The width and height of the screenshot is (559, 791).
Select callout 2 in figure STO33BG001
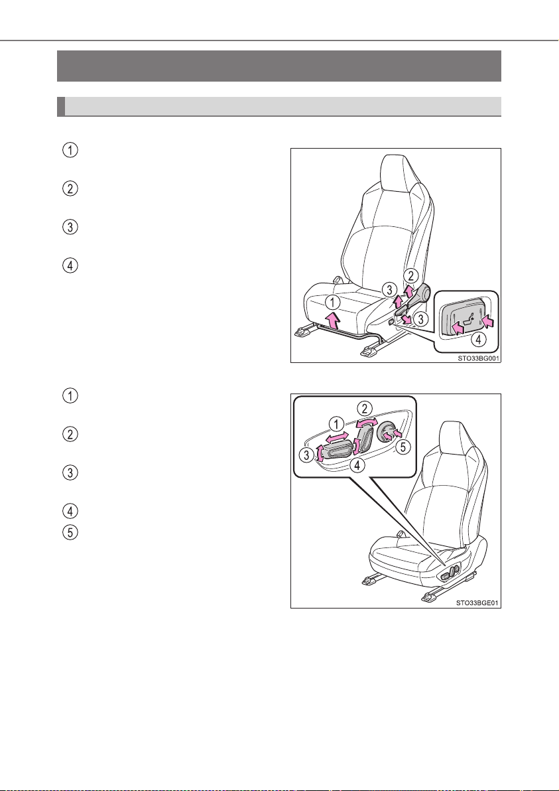pyautogui.click(x=412, y=275)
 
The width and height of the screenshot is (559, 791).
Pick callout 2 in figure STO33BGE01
pyautogui.click(x=365, y=407)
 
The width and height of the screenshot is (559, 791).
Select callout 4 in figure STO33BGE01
pyautogui.click(x=356, y=466)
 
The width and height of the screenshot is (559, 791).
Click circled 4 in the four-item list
pyautogui.click(x=72, y=265)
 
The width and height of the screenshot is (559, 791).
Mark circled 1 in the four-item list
pyautogui.click(x=72, y=151)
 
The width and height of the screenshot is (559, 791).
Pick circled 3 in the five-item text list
pyautogui.click(x=72, y=472)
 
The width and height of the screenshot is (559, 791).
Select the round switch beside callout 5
pyautogui.click(x=387, y=432)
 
